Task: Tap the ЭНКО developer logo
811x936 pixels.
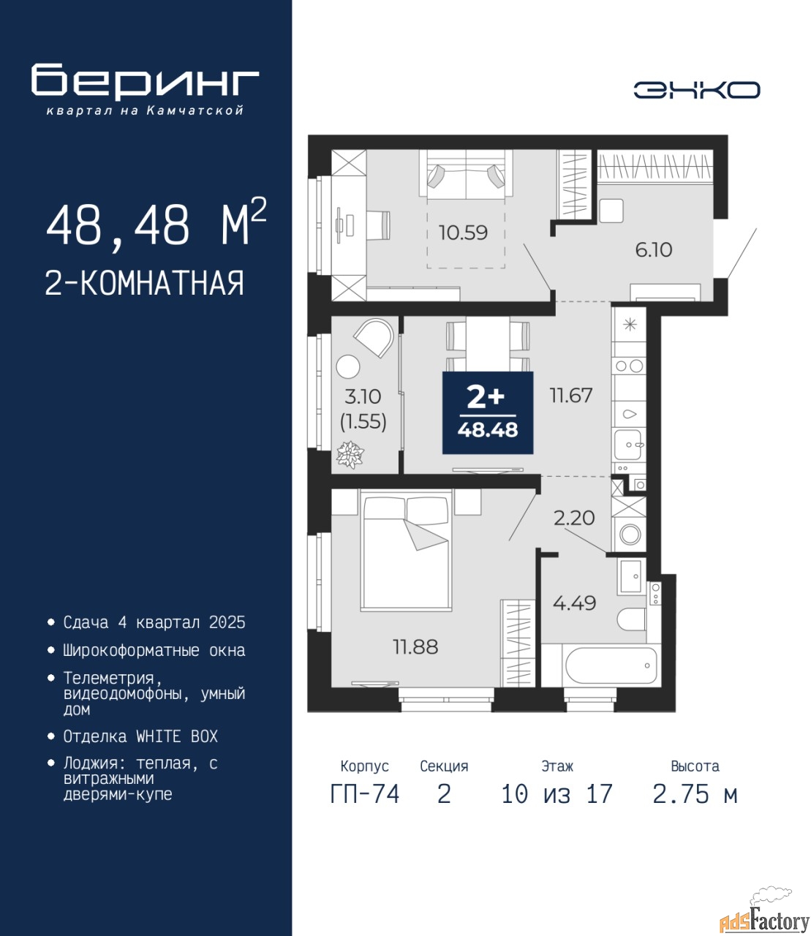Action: [697, 89]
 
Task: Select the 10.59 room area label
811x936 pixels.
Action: [463, 233]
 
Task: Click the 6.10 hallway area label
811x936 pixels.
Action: [654, 249]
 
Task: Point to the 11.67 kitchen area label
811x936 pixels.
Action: [571, 396]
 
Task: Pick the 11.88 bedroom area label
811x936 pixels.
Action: [415, 647]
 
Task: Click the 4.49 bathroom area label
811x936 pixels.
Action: [574, 603]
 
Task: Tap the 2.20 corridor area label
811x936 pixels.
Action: [574, 518]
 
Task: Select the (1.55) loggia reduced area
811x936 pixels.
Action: [363, 422]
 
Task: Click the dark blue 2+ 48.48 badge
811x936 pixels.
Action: [488, 412]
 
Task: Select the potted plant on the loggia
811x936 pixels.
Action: [350, 455]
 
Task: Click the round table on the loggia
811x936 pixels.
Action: [348, 367]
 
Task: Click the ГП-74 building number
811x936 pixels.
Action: [365, 794]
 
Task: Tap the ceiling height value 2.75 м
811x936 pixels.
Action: [695, 794]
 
